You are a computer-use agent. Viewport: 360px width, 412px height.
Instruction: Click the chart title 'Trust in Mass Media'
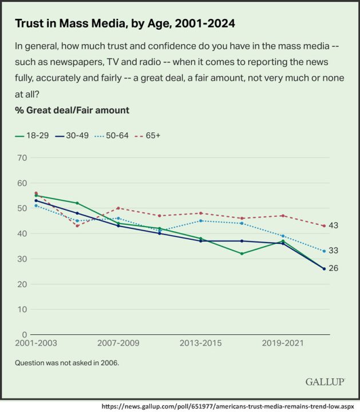(125, 24)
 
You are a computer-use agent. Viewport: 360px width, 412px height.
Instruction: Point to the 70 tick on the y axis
(23, 158)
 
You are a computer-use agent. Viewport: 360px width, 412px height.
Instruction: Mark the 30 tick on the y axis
(23, 259)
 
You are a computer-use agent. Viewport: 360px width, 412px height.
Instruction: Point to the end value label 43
(334, 225)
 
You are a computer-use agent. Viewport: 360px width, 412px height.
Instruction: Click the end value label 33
(334, 251)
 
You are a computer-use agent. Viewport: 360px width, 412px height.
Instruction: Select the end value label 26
(334, 268)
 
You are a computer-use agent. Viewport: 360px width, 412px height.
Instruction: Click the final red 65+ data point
(324, 226)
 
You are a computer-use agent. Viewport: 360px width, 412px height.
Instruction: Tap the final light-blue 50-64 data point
(324, 251)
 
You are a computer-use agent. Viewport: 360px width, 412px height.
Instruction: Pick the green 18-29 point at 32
(242, 253)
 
